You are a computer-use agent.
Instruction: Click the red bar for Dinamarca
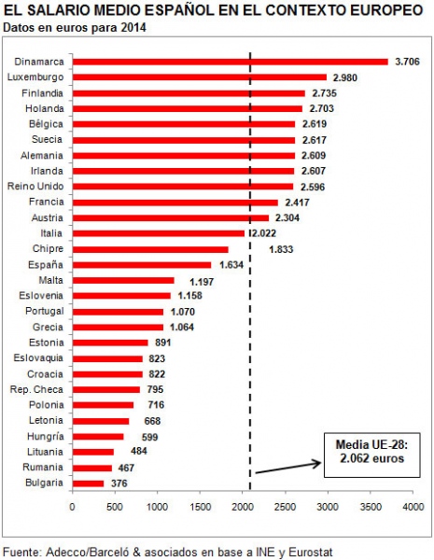point(230,62)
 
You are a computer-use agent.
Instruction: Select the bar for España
point(142,265)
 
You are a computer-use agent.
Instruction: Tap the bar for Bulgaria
point(88,483)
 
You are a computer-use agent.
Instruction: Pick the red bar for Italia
point(159,233)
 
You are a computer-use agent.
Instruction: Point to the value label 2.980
point(345,77)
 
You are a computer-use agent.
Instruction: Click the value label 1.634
point(231,265)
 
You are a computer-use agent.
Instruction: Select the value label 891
point(163,343)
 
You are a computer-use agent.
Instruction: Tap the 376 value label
point(119,483)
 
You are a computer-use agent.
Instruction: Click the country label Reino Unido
point(35,187)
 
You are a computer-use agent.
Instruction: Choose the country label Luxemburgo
point(35,77)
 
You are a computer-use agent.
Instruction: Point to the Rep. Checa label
point(36,389)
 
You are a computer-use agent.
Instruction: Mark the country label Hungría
point(46,437)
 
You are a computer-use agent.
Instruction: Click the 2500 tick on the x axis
point(286,507)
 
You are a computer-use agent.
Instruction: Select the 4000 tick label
point(413,507)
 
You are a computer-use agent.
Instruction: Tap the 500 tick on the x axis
point(115,507)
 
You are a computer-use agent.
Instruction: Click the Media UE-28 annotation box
point(371,455)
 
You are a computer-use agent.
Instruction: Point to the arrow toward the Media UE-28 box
point(288,469)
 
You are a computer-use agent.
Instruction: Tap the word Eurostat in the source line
point(311,552)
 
